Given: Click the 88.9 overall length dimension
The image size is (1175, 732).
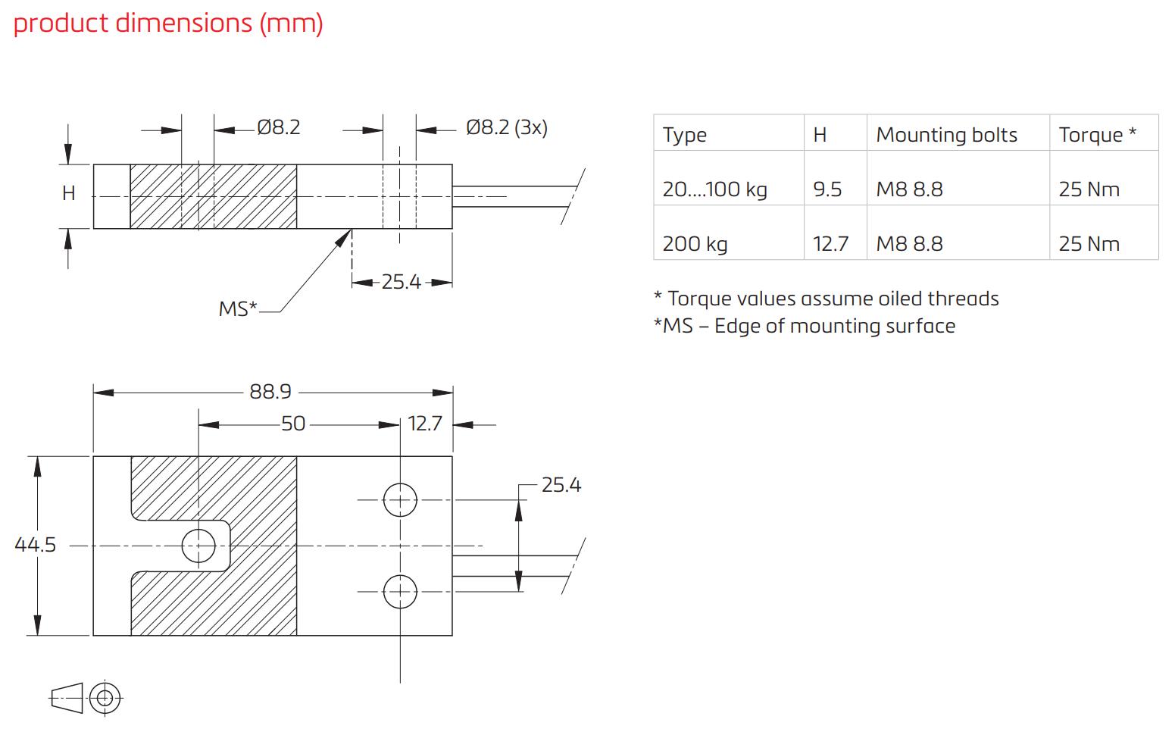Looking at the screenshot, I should click(270, 392).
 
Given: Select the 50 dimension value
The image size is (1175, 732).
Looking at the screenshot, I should click(293, 424).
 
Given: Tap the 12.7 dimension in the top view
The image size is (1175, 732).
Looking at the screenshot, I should click(424, 424).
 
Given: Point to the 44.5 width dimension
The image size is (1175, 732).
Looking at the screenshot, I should click(35, 545).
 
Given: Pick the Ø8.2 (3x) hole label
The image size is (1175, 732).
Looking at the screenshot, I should click(506, 127).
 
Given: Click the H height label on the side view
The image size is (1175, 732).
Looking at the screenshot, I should click(69, 194).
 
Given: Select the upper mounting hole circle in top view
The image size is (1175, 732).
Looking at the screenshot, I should click(400, 500).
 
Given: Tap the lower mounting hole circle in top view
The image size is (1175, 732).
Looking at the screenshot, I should click(400, 592).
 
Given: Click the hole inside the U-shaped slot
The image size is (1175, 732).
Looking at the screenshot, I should click(199, 546).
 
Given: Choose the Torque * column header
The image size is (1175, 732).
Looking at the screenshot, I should click(1097, 135).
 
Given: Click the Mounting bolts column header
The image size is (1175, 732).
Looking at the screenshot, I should click(946, 135).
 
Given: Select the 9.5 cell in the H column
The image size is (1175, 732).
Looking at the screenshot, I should click(827, 189).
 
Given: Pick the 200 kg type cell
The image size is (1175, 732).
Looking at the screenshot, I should click(695, 244).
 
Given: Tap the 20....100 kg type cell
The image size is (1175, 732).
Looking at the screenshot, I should click(714, 189).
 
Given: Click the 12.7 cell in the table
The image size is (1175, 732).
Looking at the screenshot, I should click(830, 244).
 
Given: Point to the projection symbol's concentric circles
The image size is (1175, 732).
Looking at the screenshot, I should click(105, 697).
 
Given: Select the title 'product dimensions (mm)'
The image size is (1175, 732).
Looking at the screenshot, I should click(168, 23).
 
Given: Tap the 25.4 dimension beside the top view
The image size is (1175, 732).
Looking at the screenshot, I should click(561, 485).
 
